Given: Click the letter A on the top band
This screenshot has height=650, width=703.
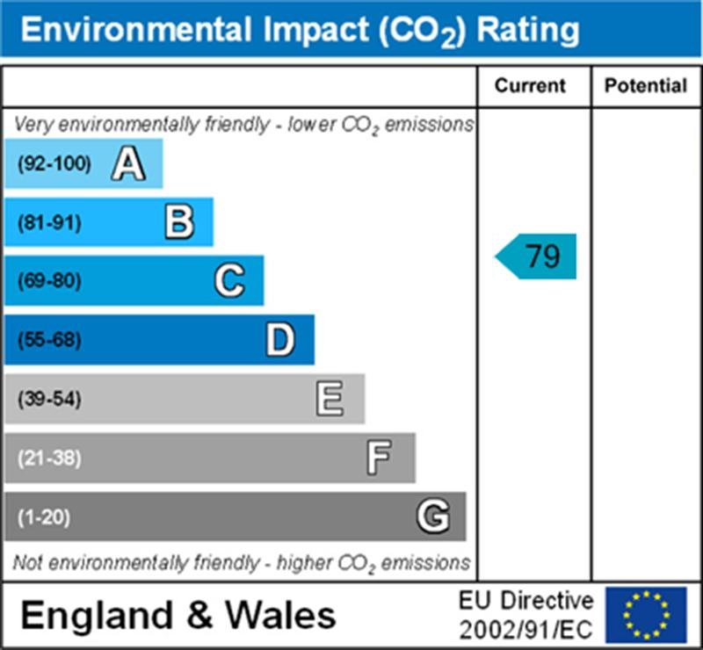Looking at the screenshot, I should [x=128, y=164].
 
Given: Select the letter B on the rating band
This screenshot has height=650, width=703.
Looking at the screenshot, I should [x=178, y=222].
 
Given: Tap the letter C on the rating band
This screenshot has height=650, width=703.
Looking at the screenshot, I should [x=229, y=281].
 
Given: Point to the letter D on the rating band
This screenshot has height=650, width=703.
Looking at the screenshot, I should [x=280, y=340].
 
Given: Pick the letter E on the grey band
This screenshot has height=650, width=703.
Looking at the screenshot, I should [x=330, y=400].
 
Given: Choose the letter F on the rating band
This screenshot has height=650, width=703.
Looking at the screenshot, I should [x=380, y=458].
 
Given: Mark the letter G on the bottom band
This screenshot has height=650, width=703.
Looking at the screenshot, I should [x=431, y=516].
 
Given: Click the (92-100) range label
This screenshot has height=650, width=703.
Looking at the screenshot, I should [x=54, y=164].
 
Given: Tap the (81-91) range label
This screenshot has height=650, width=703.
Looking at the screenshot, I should [x=49, y=223].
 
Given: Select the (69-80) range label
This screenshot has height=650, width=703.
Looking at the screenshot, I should [x=49, y=282].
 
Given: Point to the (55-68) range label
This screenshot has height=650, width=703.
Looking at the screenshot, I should [x=49, y=341].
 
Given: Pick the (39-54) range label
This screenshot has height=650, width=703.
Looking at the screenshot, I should [x=49, y=400].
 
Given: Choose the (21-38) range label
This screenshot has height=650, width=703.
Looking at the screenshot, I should [x=49, y=459].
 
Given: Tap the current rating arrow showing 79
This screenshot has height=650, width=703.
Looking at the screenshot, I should [x=537, y=257].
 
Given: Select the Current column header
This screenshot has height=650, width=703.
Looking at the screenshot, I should [x=531, y=85].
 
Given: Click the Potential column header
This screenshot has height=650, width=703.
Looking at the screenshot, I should [x=646, y=85].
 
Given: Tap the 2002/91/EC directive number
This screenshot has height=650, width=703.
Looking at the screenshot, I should [x=526, y=629].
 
